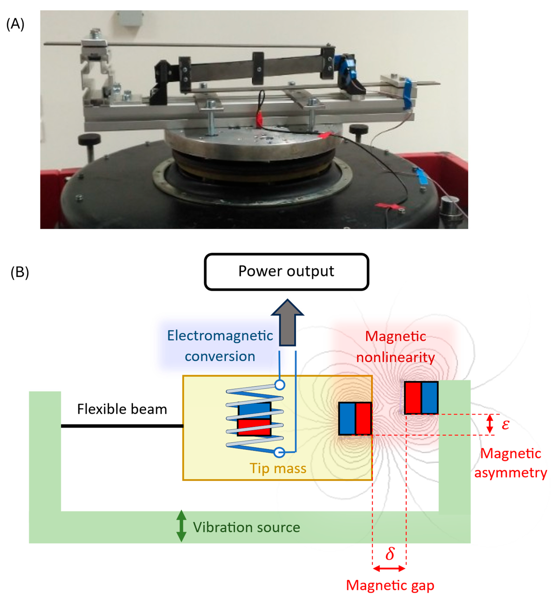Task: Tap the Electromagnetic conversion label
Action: coord(220,346)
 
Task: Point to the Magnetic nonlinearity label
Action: coord(395,347)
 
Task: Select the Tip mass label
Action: coord(278,468)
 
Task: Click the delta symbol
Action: coord(390,553)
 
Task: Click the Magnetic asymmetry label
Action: coord(511,463)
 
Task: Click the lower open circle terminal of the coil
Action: coord(279,452)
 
